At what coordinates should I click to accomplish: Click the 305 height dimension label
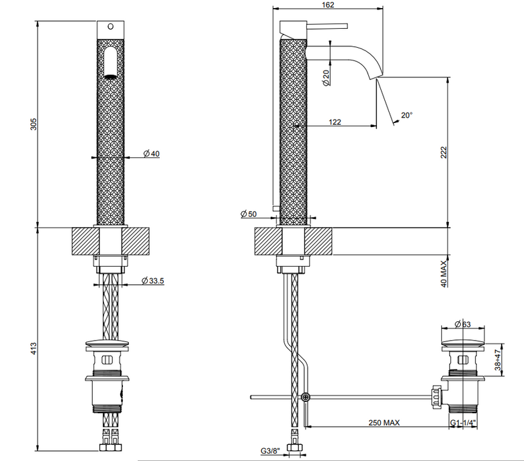(34, 124)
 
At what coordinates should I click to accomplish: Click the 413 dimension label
(34, 349)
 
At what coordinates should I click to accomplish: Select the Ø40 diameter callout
(151, 153)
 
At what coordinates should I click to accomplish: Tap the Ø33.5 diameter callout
(152, 280)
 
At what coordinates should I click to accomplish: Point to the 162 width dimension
(328, 5)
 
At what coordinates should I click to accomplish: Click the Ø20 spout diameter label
(326, 78)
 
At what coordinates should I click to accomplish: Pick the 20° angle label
(406, 115)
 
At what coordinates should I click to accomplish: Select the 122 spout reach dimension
(335, 122)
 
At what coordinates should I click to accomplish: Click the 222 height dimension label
(443, 153)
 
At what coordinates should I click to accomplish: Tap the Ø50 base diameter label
(249, 214)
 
